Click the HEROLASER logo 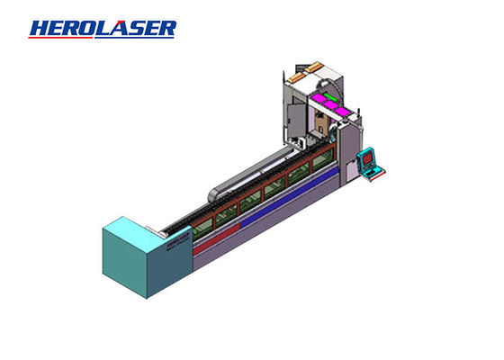(x=103, y=29)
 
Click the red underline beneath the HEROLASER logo (x=61, y=37)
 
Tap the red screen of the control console (x=367, y=157)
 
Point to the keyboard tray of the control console (x=374, y=173)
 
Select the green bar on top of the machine (x=330, y=96)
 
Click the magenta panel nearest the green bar (x=319, y=98)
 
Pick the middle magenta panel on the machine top (x=330, y=104)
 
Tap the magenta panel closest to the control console (x=342, y=112)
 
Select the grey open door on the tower (x=296, y=121)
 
